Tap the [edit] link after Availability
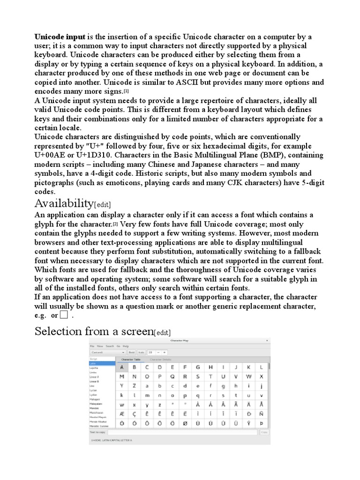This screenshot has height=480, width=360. [103, 204]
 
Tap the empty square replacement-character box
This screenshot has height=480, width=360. [64, 315]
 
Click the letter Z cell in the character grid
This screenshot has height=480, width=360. [134, 385]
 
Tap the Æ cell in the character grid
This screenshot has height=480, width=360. [121, 414]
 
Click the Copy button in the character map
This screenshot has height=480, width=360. [264, 433]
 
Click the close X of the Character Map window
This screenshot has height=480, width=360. [267, 341]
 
